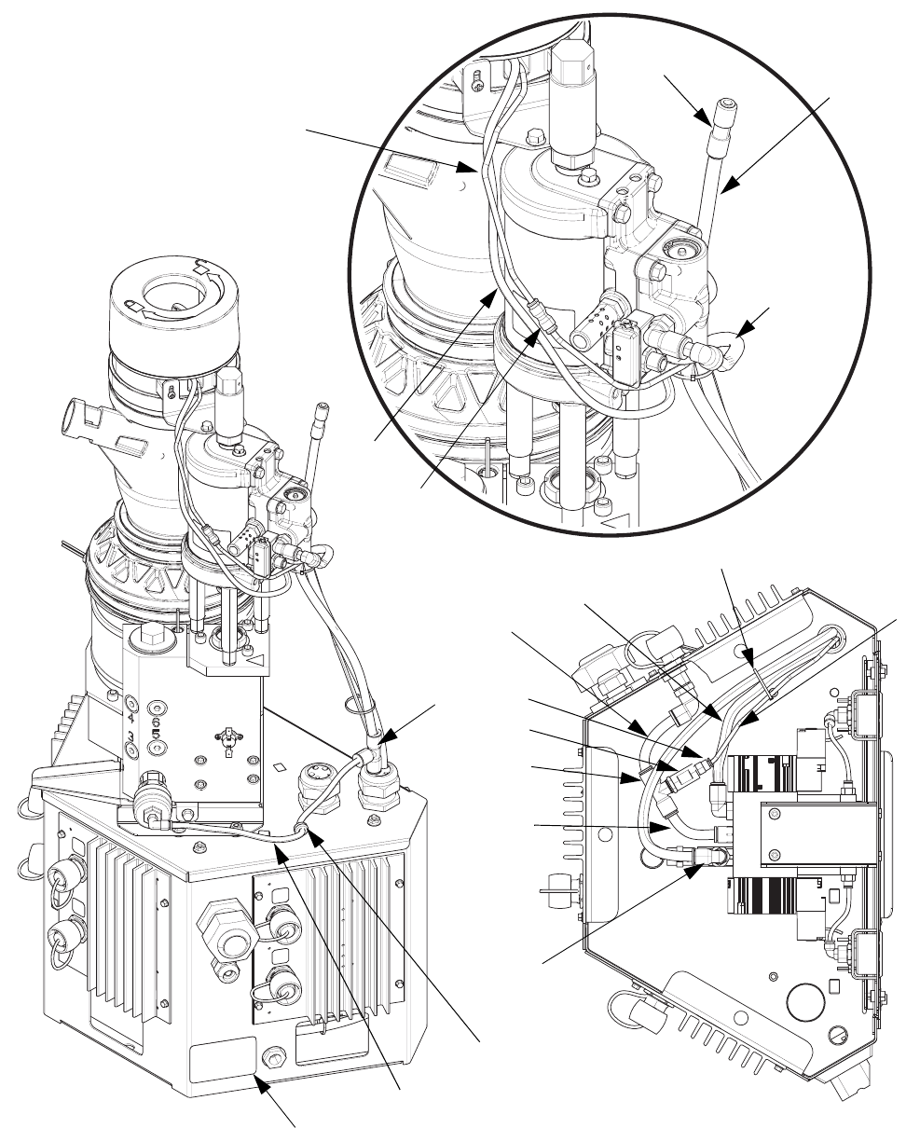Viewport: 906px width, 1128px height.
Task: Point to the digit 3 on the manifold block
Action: click(131, 736)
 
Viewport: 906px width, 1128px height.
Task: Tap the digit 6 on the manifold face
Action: click(156, 722)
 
